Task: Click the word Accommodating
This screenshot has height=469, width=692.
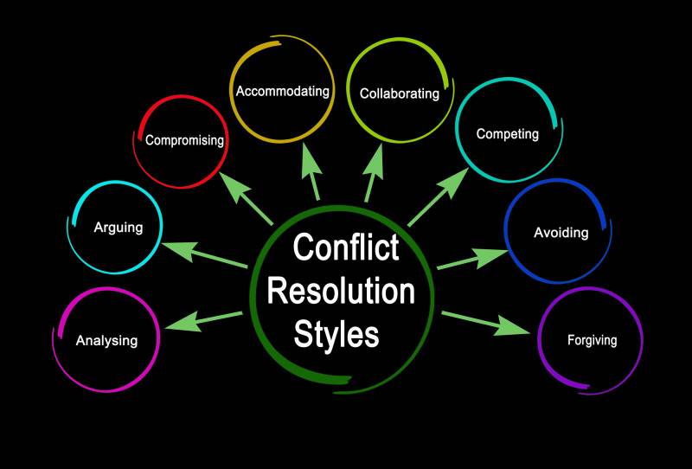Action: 283,92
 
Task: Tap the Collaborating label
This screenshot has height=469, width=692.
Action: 400,94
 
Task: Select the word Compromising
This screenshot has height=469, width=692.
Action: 184,140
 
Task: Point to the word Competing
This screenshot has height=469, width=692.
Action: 508,134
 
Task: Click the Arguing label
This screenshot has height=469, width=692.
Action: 119,228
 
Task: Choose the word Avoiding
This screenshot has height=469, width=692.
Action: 561,233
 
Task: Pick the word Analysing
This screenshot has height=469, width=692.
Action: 106,341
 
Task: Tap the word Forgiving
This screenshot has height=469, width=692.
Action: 592,340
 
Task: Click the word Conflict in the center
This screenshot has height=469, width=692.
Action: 346,247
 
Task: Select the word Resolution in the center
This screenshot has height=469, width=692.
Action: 341,291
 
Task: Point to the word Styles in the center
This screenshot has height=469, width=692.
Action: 336,334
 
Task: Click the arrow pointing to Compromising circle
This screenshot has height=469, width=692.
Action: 246,198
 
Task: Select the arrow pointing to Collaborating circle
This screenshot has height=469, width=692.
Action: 374,173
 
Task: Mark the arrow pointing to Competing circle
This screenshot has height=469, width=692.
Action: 439,197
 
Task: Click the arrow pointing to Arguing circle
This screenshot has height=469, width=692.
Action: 204,254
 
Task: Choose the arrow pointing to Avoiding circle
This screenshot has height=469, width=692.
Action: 472,259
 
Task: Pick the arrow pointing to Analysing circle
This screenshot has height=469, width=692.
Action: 203,321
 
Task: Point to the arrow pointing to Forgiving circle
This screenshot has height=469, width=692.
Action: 485,324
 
